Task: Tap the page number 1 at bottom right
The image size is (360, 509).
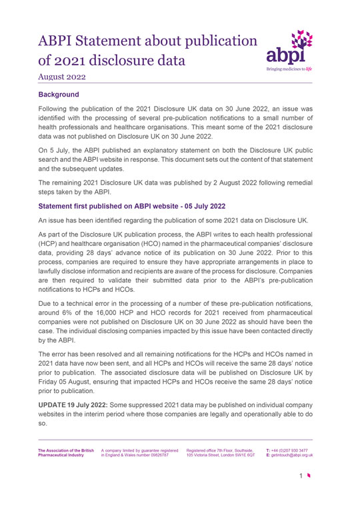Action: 320,494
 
